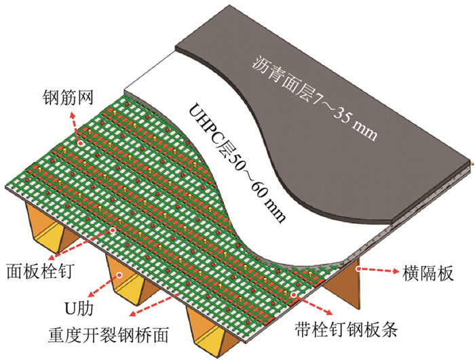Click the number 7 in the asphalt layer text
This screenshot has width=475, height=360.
(x=315, y=104)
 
